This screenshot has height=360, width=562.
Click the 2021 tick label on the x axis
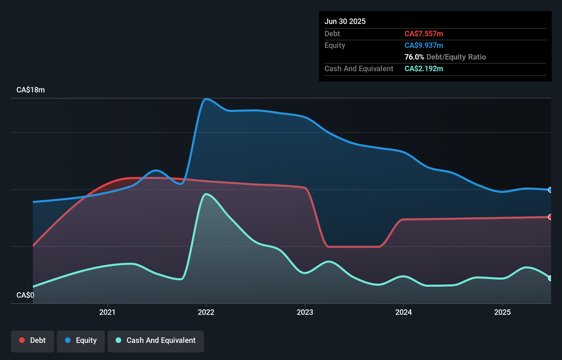(107, 312)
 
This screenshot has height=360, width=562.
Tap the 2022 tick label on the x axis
(206, 312)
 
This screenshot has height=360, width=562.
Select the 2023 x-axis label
(305, 312)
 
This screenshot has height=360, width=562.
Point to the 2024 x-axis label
(404, 312)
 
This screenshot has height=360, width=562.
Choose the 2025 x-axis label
(502, 312)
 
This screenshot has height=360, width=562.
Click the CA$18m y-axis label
(30, 90)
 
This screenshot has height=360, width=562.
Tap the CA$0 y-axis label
(25, 295)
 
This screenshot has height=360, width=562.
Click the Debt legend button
(33, 340)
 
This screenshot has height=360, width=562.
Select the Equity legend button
(81, 340)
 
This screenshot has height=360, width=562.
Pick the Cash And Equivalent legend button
(156, 340)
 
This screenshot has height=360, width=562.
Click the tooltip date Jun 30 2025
(345, 21)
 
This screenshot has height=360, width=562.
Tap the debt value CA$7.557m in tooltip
(424, 34)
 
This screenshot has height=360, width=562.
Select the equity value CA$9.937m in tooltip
(424, 45)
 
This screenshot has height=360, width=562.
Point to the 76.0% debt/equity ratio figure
(414, 57)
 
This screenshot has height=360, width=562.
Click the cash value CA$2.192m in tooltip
(424, 68)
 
